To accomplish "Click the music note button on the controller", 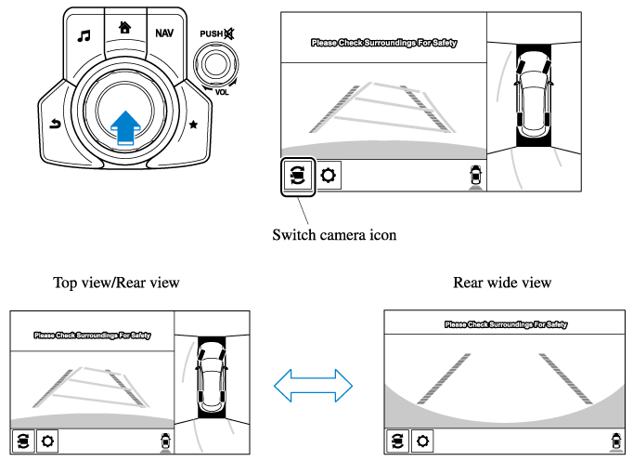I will coord(84,36).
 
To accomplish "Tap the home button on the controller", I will coord(124,26).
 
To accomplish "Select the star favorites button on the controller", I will coord(193,123).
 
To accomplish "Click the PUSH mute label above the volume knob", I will coord(216,35).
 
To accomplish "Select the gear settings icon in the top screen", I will coord(329,175).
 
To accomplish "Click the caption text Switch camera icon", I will coord(334,234).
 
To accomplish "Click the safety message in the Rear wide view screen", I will coord(505,324).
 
